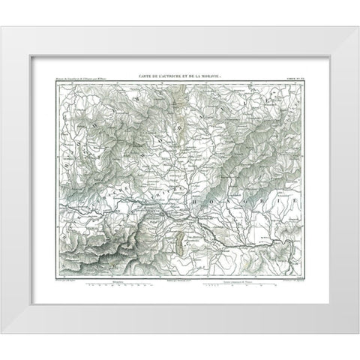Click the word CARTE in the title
(143, 76)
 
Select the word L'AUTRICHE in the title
(166, 76)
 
